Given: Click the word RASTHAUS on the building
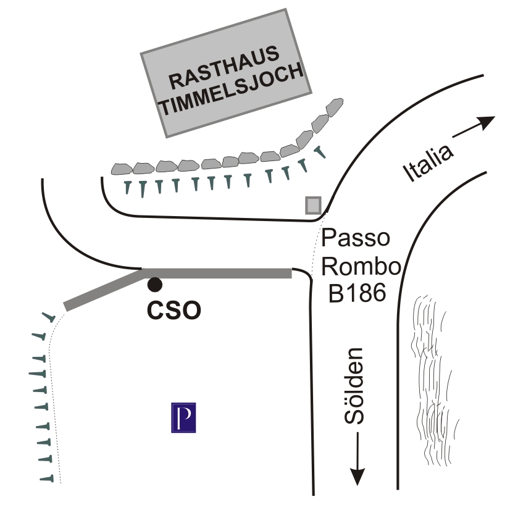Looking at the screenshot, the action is coord(224,68).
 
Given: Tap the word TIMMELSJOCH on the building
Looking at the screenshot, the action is coord(232,90).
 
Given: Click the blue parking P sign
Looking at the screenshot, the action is coord(183,417).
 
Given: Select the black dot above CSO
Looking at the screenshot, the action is coord(154,285).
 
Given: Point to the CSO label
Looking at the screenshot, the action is coord(174,311).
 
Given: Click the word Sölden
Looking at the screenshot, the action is coord(354,386).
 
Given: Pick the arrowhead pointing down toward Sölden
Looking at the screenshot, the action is coord(357,476).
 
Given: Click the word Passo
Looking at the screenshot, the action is coord(356,238).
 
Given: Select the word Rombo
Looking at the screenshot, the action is coord(361,266).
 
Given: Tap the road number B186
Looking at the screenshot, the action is coord(357,293).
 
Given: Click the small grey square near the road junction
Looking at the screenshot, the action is coord(313,205).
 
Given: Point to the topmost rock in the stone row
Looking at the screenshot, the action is coord(335,107).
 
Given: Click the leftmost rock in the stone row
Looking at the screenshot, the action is coord(122,169).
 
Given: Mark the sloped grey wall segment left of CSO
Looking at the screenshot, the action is coord(103,290).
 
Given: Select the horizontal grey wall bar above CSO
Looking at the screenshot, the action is coord(217,273).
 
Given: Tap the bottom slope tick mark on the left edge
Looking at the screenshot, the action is coord(47,479).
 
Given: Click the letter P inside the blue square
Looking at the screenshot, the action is coord(184,418).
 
